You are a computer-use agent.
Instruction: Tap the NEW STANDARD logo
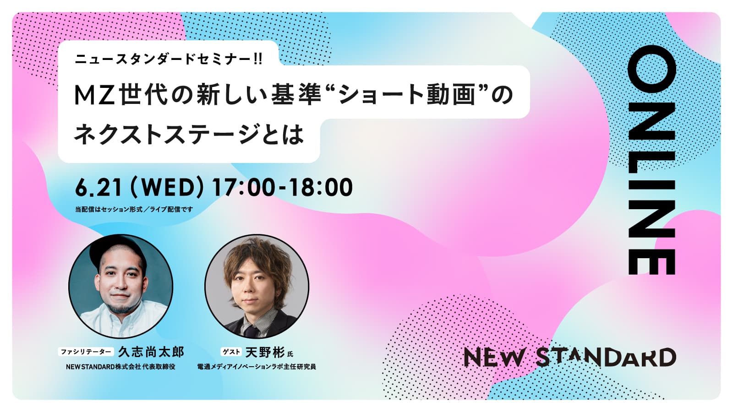570,358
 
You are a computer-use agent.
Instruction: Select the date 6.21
98,187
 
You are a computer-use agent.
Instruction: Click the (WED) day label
167,187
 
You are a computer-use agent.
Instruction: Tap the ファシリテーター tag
86,352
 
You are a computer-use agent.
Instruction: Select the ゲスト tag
231,352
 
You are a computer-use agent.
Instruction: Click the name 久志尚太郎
151,352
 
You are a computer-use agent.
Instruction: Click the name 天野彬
265,352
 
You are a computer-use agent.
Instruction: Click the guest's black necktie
252,330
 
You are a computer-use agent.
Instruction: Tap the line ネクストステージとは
189,134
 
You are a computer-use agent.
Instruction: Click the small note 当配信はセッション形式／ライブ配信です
134,209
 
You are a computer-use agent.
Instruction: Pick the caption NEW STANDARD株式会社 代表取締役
120,367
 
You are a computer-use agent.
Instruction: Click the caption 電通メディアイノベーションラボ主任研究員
257,367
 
